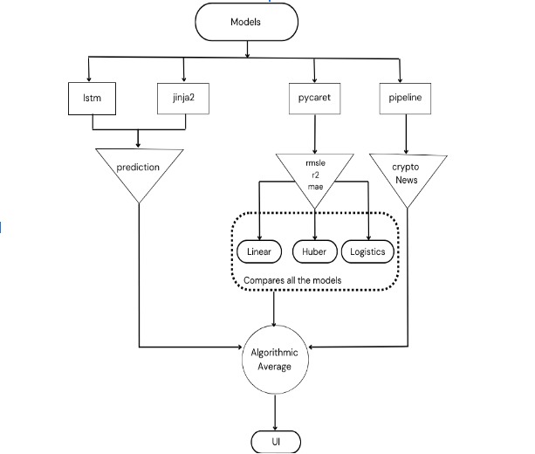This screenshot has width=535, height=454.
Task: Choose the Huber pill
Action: pos(313,251)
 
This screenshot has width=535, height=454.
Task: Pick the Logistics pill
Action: pos(368,251)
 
